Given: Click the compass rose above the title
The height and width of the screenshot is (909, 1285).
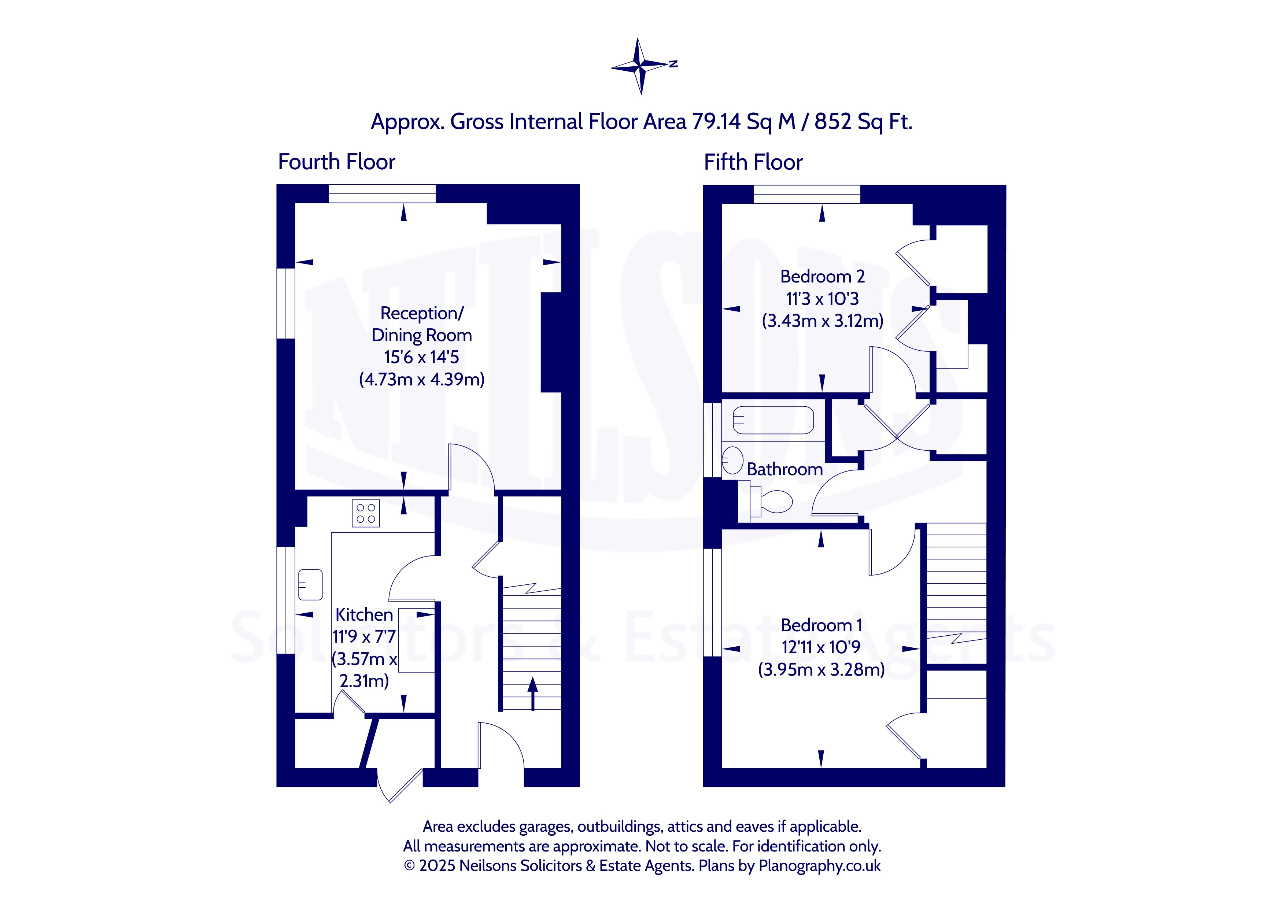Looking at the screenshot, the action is click(641, 66).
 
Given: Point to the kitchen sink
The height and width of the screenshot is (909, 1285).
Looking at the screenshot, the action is click(310, 585).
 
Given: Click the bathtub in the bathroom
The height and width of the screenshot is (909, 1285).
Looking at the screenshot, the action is click(773, 420).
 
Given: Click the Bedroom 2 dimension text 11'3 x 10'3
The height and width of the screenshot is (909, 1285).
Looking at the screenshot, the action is click(822, 299).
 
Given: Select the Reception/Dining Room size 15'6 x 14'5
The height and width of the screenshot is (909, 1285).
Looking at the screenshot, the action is click(421, 357).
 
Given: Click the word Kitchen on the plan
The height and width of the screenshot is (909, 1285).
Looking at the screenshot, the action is click(364, 614).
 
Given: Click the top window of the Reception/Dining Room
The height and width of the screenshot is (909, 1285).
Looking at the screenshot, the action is click(382, 194).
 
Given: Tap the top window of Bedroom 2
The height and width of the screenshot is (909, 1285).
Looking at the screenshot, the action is click(807, 194).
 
